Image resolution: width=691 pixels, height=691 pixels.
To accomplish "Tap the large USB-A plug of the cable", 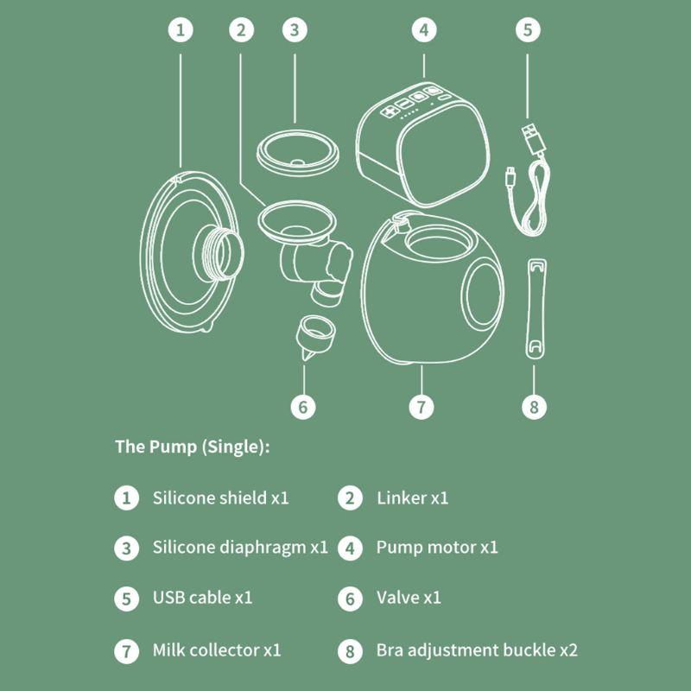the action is click(x=533, y=138).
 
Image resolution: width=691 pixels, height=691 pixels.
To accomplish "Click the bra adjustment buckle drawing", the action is click(x=536, y=309).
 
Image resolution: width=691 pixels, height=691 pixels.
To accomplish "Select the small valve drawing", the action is click(x=314, y=338).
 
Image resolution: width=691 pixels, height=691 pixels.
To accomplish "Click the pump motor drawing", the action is click(x=422, y=143).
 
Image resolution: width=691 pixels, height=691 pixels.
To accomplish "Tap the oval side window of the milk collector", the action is click(x=482, y=295).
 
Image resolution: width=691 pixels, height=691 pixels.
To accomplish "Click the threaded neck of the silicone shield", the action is click(x=219, y=253).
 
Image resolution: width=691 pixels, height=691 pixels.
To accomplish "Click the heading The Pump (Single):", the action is click(x=192, y=447).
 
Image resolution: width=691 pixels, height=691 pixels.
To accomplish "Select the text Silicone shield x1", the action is click(x=220, y=498).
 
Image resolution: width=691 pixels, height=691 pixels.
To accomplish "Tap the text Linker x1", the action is click(x=412, y=498).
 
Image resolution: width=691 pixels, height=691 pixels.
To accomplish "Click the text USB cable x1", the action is click(x=202, y=598).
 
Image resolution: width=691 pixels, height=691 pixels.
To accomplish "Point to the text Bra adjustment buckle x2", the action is click(x=477, y=650).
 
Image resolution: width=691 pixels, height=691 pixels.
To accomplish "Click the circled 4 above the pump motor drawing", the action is click(x=424, y=30).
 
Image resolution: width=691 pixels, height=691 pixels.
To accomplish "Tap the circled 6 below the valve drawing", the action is click(x=303, y=407).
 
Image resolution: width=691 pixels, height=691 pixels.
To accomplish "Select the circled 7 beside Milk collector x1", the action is click(x=126, y=651).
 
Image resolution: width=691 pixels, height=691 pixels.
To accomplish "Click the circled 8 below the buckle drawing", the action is click(x=534, y=407).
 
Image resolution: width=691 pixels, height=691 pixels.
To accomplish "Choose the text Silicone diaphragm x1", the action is click(x=240, y=548).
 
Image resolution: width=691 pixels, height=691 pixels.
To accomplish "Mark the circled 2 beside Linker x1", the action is click(x=350, y=498).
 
